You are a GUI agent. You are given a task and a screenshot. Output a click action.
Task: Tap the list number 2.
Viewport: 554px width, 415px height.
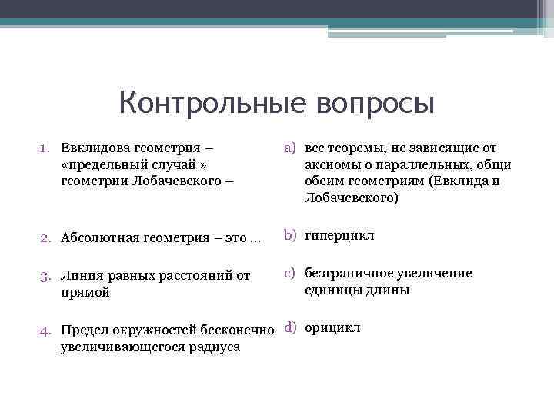point(45,237)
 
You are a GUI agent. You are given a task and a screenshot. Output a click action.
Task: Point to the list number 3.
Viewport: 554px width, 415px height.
point(45,276)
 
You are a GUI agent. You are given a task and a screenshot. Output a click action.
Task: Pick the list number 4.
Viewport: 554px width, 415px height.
point(45,330)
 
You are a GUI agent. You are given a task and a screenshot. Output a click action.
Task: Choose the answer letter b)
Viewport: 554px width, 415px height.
point(292,234)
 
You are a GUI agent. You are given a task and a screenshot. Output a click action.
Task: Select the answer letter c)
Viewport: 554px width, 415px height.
point(292,273)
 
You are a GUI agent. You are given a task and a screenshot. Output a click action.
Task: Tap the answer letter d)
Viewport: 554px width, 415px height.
point(292,327)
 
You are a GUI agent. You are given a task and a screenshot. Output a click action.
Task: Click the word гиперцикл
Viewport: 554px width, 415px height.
point(339,235)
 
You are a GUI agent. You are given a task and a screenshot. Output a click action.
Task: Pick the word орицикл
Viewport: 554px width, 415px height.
point(332,328)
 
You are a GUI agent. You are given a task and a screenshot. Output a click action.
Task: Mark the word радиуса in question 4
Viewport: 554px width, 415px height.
point(216,347)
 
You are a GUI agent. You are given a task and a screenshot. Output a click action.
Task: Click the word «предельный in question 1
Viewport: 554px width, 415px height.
point(98,164)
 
